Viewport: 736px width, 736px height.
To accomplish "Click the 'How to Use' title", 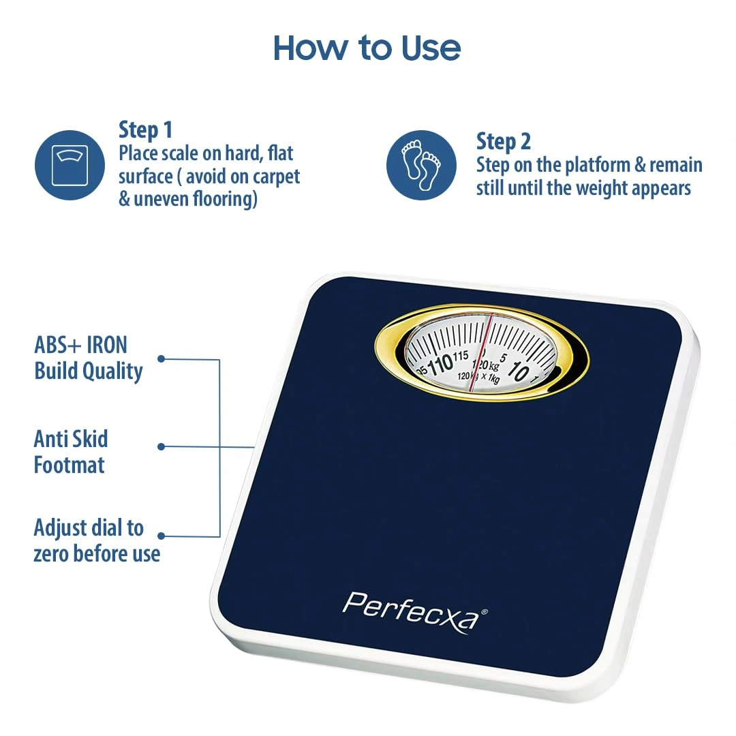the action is click(x=367, y=48).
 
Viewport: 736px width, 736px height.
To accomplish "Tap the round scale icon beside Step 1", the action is click(x=70, y=165).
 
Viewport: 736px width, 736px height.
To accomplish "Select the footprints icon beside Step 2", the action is click(x=421, y=165).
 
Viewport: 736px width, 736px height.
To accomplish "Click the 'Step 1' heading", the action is click(x=146, y=130).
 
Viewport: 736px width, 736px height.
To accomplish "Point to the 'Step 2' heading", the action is click(x=503, y=142).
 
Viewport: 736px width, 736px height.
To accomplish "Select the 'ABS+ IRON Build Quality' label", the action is click(x=88, y=358).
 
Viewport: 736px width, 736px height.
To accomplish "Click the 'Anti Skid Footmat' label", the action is click(x=70, y=452).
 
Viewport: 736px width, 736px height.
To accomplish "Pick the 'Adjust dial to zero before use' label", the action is click(x=97, y=540).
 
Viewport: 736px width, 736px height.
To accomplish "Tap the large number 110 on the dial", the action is click(x=440, y=365).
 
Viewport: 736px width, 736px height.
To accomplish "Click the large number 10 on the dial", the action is click(x=519, y=371).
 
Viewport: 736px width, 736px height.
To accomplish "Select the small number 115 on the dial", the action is click(x=461, y=356).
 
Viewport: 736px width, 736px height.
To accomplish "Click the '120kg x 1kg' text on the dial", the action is click(x=478, y=376).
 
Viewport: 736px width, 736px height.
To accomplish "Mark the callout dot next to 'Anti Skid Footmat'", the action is click(x=161, y=446).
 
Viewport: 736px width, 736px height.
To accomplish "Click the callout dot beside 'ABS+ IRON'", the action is click(x=161, y=358).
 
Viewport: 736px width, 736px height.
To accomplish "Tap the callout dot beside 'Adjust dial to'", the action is click(x=161, y=536).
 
